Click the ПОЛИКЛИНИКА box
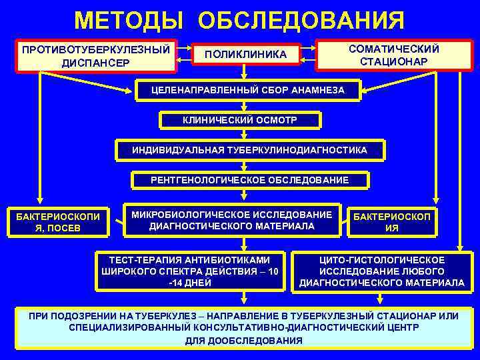(x=245, y=53)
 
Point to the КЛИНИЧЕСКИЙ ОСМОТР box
(x=240, y=120)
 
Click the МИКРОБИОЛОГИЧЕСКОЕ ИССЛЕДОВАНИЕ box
(x=231, y=220)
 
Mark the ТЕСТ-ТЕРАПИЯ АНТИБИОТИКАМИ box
(x=190, y=271)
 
